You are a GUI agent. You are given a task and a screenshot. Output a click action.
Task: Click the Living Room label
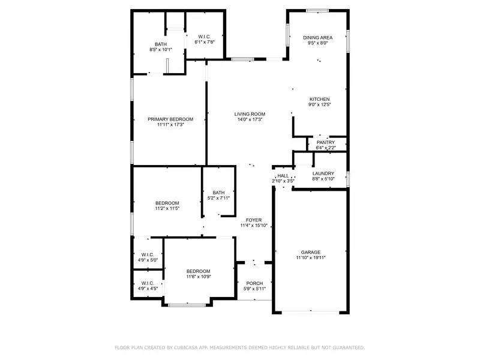tap(250, 114)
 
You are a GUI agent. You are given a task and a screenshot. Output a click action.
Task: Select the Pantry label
tap(326, 142)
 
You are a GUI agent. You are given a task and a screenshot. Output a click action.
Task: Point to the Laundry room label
tap(327, 173)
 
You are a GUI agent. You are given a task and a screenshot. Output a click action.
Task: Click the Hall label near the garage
tap(283, 176)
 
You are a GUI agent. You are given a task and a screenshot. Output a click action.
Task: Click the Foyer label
tap(253, 220)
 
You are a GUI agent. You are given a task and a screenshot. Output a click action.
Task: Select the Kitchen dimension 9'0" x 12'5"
tap(320, 105)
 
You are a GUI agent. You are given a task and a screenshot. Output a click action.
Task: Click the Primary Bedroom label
tap(170, 119)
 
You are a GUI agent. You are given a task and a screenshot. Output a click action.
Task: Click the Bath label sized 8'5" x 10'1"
tap(161, 44)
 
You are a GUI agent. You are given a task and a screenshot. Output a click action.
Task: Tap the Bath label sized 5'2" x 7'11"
tap(218, 193)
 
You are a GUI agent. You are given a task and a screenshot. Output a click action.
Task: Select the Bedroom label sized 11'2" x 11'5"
tap(167, 203)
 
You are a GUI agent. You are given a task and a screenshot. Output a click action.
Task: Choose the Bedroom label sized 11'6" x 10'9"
tap(198, 271)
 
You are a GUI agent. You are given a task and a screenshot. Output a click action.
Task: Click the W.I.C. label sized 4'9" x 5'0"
tap(148, 254)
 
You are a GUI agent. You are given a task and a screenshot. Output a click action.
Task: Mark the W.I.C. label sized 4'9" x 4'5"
tap(148, 283)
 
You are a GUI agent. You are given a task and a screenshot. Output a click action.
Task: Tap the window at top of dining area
tap(317, 11)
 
